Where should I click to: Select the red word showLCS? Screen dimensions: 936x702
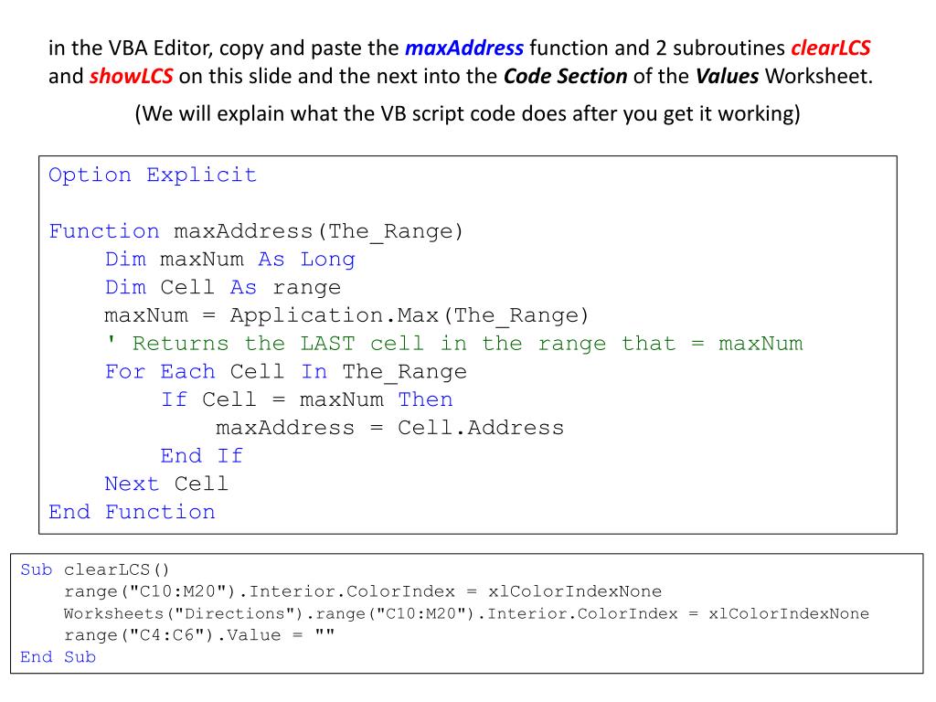(x=132, y=76)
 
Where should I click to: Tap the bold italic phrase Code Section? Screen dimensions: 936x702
(x=565, y=76)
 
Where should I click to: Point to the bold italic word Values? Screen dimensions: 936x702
(x=728, y=76)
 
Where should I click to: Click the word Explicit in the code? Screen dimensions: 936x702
(x=202, y=175)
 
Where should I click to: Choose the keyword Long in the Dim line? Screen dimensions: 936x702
(x=327, y=259)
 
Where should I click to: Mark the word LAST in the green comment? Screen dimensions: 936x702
(x=327, y=344)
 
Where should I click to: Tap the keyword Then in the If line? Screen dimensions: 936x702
(x=425, y=399)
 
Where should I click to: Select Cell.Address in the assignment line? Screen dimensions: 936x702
(x=481, y=427)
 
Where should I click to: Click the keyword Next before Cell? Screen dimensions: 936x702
(x=132, y=484)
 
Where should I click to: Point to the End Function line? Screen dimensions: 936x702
(x=132, y=512)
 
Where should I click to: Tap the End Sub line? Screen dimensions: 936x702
(x=58, y=657)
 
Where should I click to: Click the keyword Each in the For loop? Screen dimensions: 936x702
(x=187, y=372)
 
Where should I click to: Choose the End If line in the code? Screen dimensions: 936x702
(x=201, y=455)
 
